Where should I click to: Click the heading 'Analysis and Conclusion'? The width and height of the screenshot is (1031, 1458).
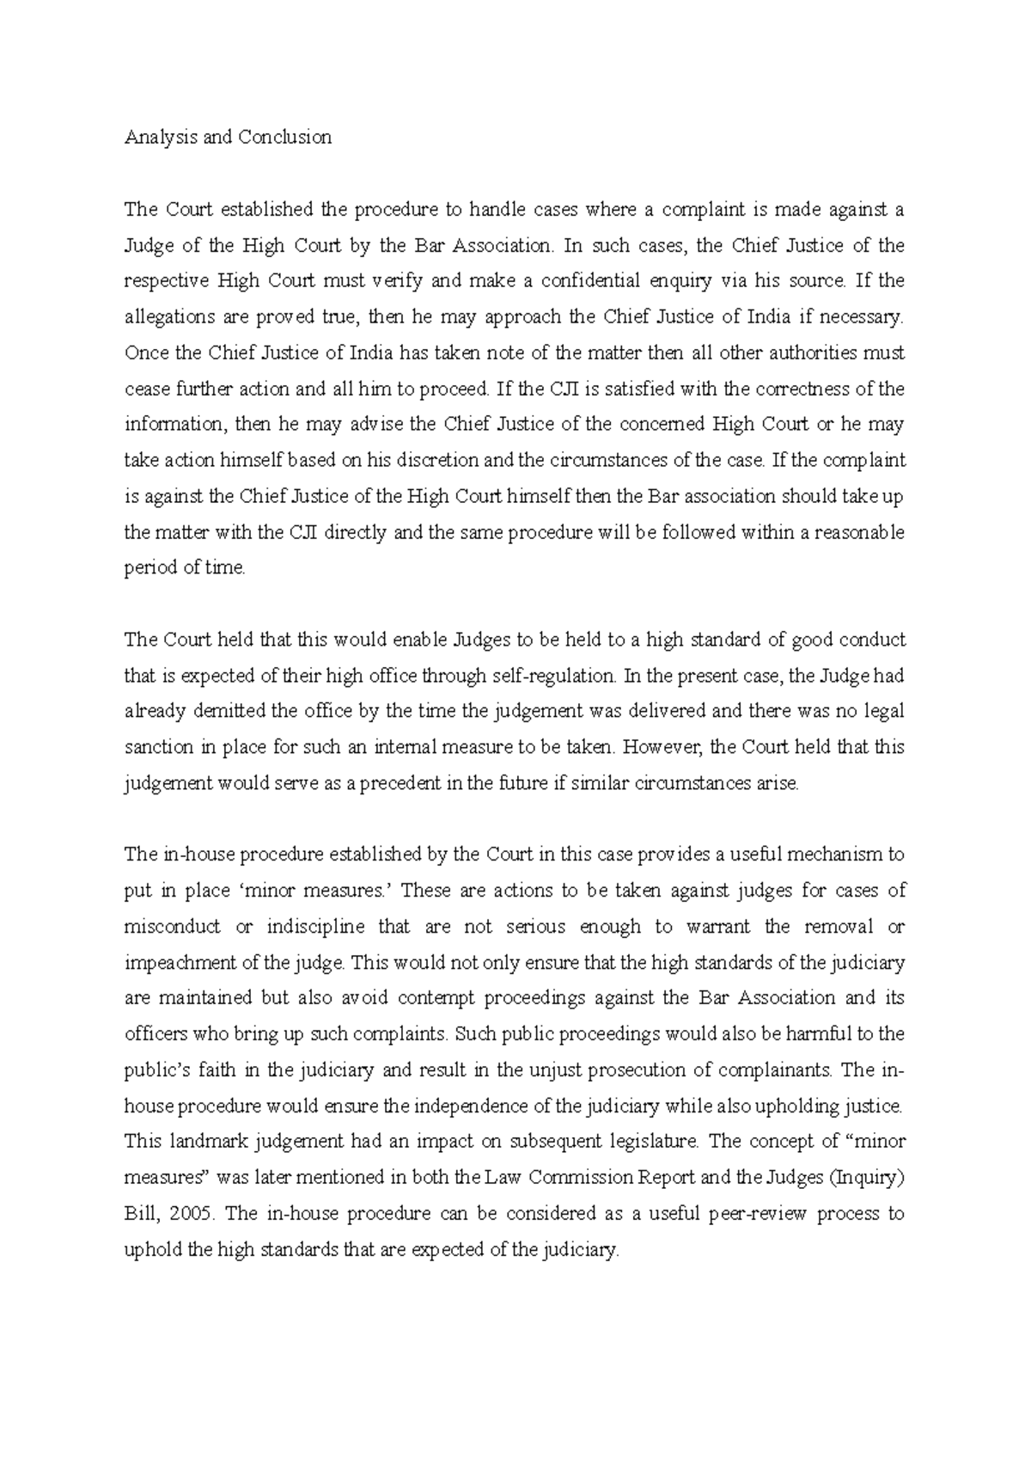pos(228,138)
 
